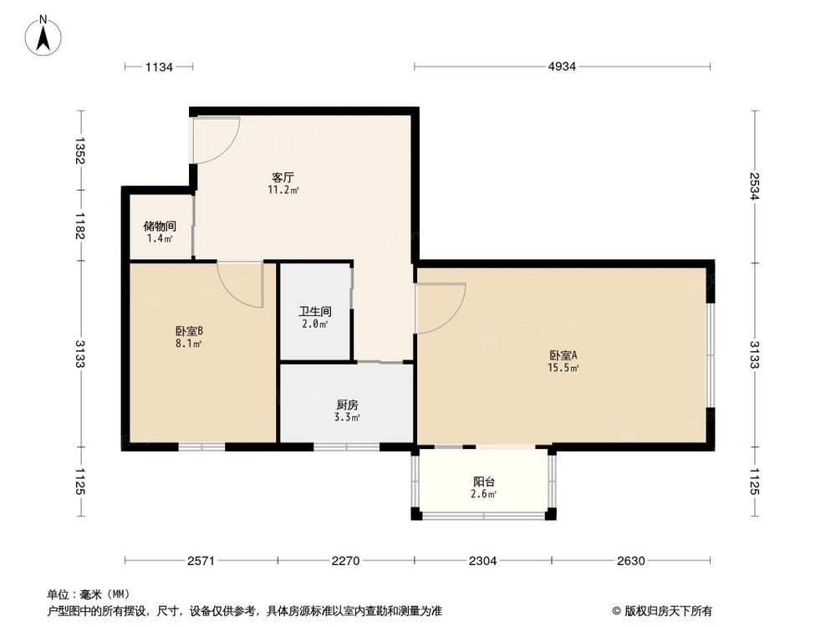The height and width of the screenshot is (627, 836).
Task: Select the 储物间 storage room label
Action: tap(159, 226)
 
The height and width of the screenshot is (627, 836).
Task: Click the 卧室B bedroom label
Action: tap(189, 330)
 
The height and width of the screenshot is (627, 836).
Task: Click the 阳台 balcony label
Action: tap(484, 482)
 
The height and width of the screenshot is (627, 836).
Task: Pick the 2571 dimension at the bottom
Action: tap(202, 560)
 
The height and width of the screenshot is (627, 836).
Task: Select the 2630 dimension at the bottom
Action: tap(631, 560)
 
